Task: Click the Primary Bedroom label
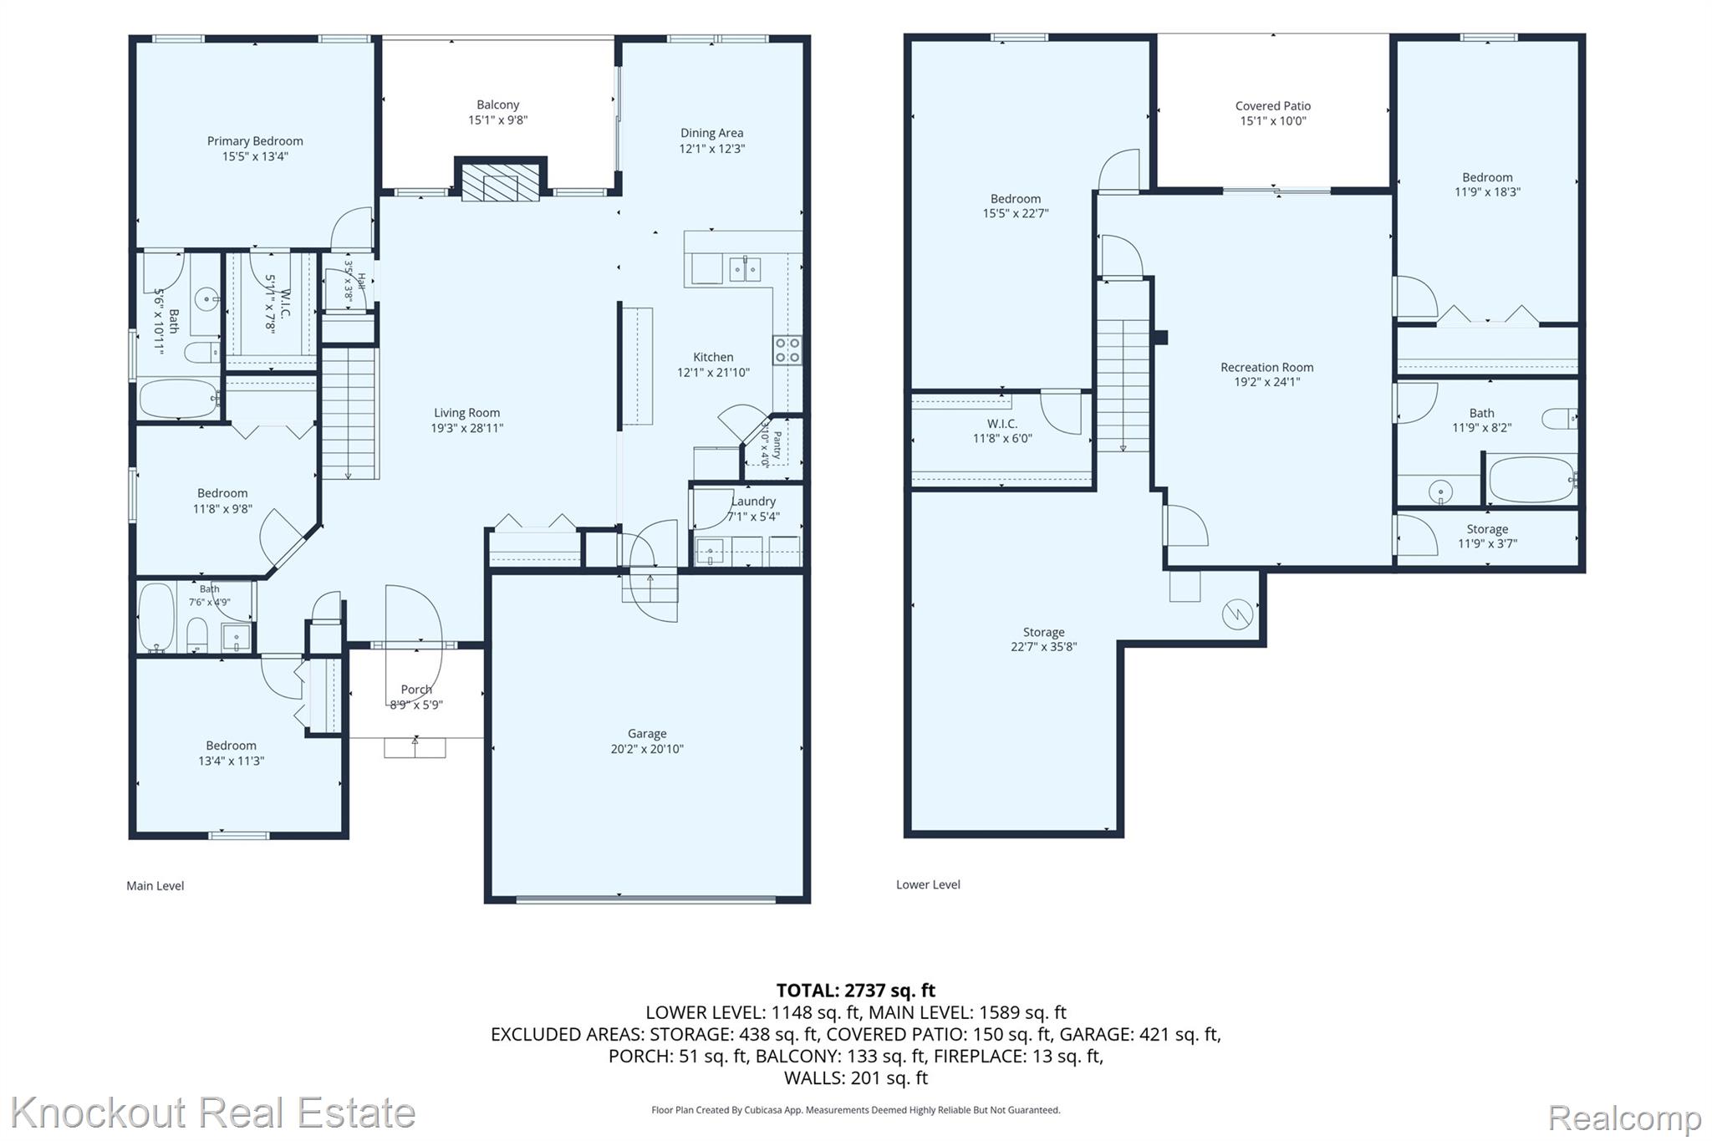tap(255, 141)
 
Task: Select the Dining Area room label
tap(711, 133)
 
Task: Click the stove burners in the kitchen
tap(787, 350)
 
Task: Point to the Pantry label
tap(777, 445)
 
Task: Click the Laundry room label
tap(753, 502)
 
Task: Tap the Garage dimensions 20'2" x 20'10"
tap(647, 749)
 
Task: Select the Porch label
tap(416, 690)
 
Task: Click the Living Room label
tap(466, 413)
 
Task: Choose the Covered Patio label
tap(1273, 106)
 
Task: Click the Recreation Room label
tap(1267, 367)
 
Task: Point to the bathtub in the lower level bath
tap(1531, 480)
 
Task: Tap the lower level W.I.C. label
tap(1002, 424)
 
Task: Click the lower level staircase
tap(1123, 386)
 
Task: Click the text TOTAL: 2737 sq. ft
tap(856, 991)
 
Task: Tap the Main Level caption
tap(155, 886)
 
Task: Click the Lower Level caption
tap(928, 884)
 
